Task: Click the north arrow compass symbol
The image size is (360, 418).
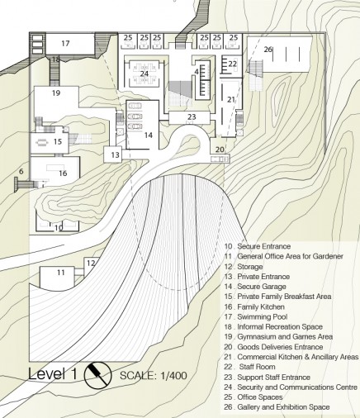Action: (x=97, y=375)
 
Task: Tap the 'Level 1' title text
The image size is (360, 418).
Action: (x=52, y=374)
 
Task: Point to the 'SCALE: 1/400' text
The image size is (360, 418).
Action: (x=154, y=376)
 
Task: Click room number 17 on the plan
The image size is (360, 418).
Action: (x=65, y=43)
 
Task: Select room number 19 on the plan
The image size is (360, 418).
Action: (x=56, y=93)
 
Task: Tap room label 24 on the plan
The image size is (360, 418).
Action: (x=144, y=74)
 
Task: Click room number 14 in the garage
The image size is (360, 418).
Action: (x=148, y=135)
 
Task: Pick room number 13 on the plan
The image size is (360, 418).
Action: (x=116, y=154)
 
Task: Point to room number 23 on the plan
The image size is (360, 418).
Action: (x=192, y=116)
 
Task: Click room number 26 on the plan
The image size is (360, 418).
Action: (x=268, y=50)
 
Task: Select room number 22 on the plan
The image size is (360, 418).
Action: (x=232, y=64)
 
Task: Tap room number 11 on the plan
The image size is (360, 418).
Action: (x=61, y=273)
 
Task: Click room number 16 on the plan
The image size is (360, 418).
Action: (x=63, y=173)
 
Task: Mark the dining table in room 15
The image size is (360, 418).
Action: (x=42, y=142)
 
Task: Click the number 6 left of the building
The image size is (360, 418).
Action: (x=21, y=171)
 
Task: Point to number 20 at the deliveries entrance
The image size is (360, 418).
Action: (x=220, y=150)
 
